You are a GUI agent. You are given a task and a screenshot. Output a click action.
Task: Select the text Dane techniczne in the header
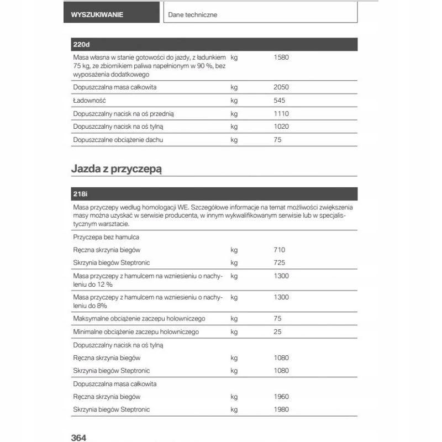coord(192,15)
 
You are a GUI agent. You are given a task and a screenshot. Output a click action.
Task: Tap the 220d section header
coord(81,45)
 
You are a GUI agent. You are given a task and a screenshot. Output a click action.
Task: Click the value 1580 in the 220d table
coord(281,57)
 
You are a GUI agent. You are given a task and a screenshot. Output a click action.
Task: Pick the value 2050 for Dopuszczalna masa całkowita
coord(281,87)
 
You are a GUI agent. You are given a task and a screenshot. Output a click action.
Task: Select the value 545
coord(279,101)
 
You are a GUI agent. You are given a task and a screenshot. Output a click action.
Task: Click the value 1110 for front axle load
coord(281,114)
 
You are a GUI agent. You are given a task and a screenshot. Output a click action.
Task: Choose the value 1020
coord(281,127)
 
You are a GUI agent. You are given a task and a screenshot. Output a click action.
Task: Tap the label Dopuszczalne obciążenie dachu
coord(118,140)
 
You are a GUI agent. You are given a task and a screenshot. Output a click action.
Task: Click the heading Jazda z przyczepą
coord(116,169)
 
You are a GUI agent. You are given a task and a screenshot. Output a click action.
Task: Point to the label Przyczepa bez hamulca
coord(106,237)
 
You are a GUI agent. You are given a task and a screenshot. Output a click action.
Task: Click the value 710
coord(279,250)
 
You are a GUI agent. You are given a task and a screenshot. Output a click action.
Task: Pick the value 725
coord(279,262)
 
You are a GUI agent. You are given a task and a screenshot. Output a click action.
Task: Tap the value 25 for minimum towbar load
coord(277,332)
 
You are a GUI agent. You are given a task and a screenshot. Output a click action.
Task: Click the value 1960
coord(281,397)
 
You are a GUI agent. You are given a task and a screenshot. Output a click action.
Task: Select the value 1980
coord(281,410)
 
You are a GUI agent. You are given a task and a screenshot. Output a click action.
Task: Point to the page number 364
coord(79,438)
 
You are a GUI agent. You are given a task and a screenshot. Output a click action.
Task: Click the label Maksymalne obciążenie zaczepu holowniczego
coord(139,319)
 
